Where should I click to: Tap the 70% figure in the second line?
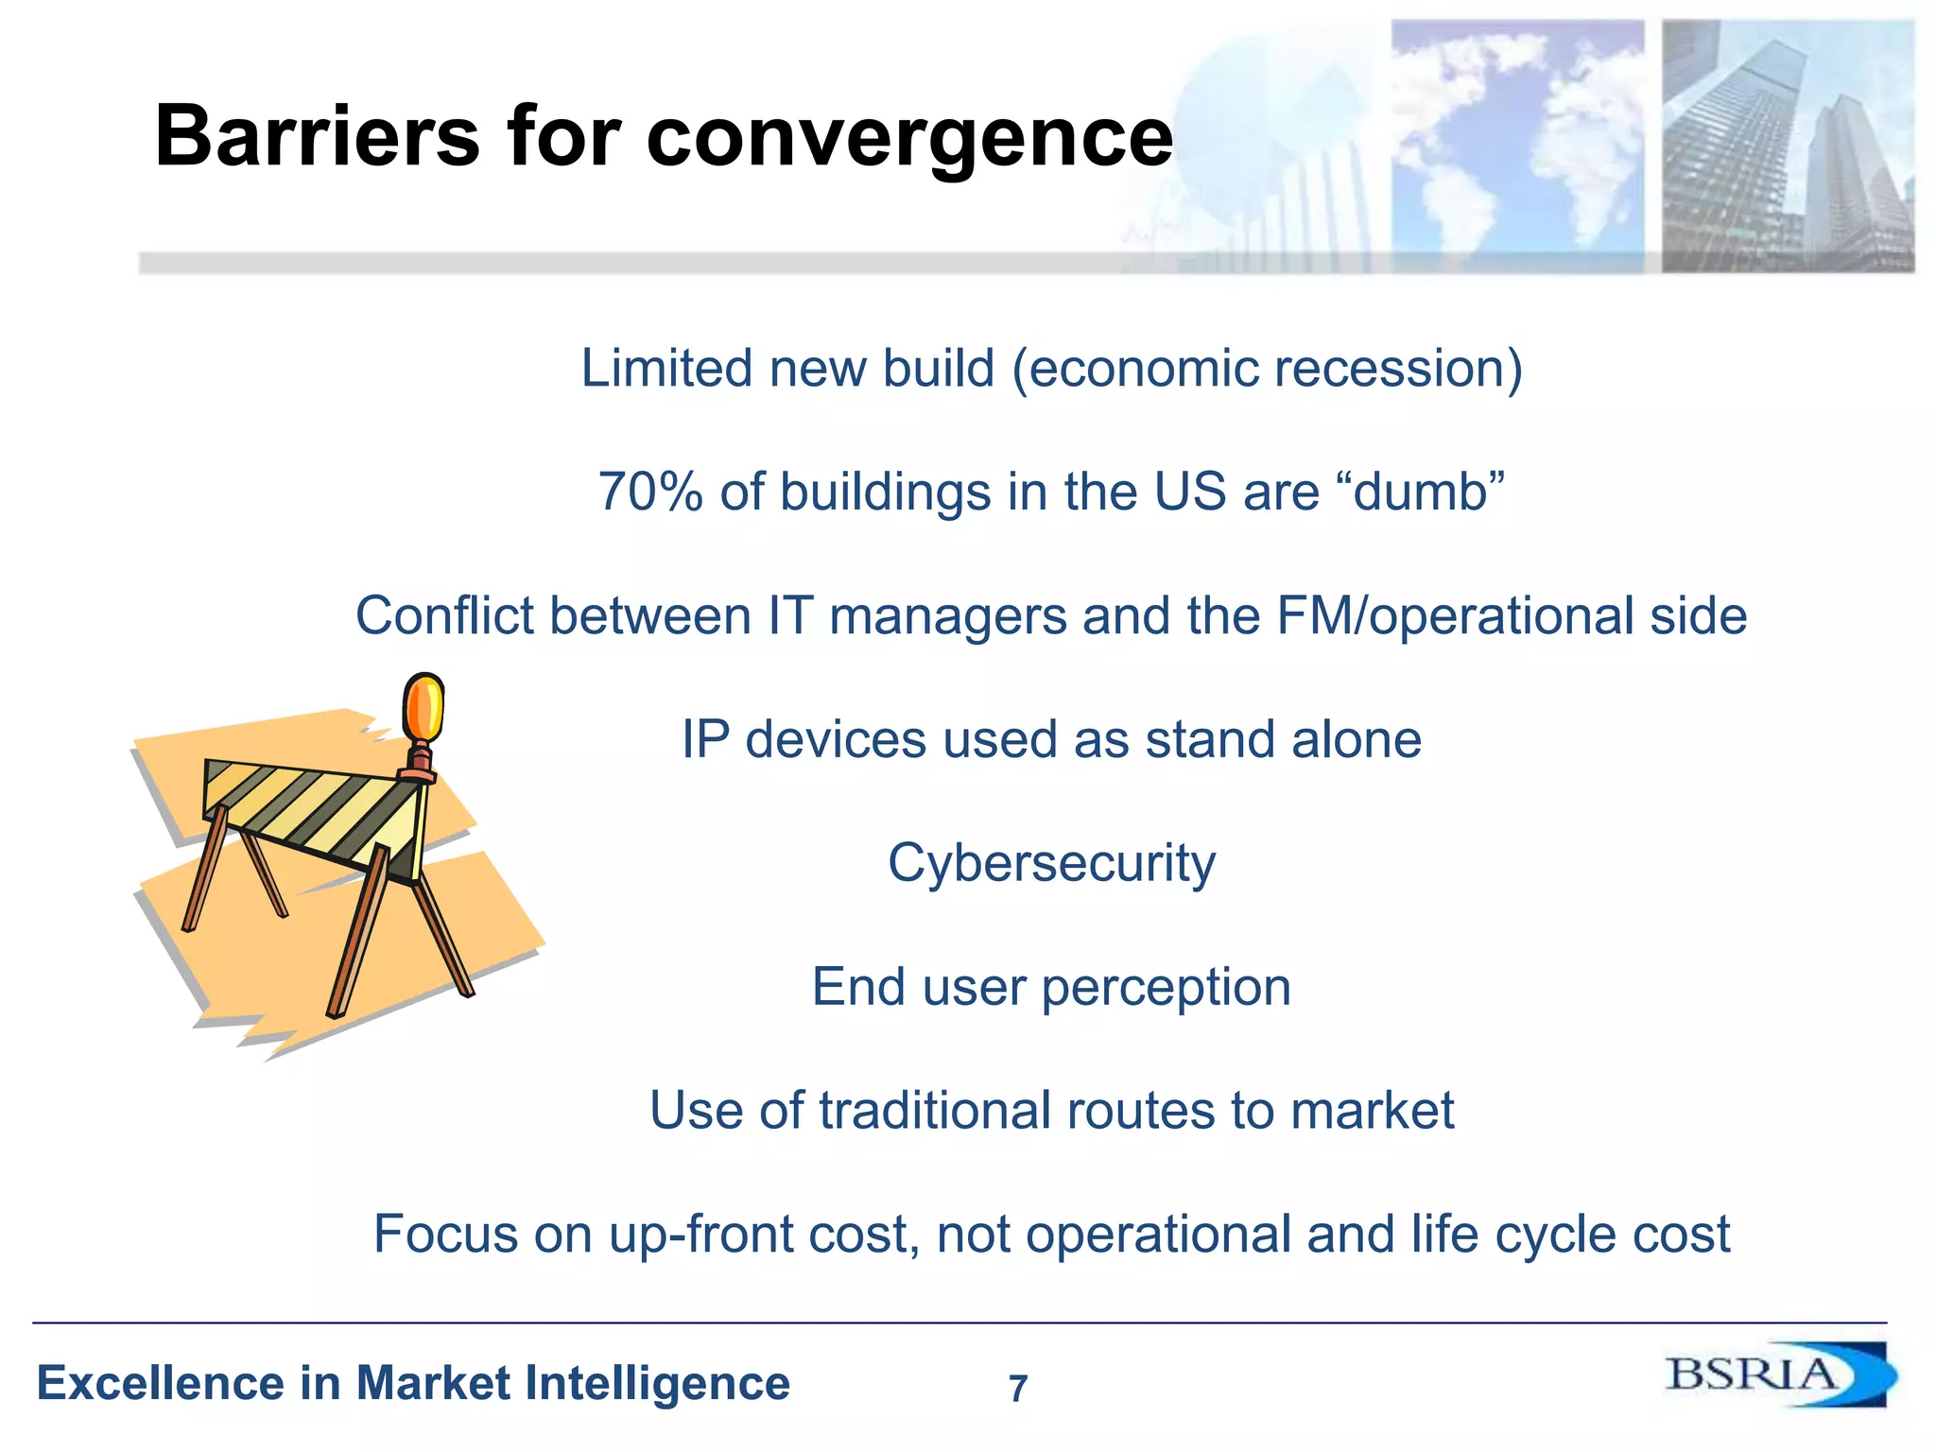[x=650, y=492]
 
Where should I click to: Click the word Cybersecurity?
[x=1051, y=863]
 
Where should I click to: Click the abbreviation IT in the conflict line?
[x=790, y=615]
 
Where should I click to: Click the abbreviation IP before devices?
[x=705, y=739]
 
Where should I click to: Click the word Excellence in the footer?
[x=161, y=1383]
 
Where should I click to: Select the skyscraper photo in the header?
[x=1788, y=147]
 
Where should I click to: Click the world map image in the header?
[x=1516, y=147]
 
